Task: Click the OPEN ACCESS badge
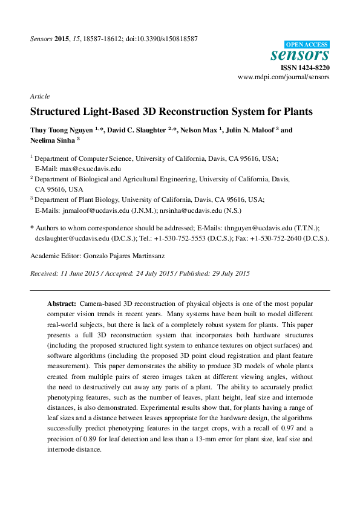point(307,45)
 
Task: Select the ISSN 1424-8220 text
point(306,68)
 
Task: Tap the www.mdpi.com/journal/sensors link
point(284,78)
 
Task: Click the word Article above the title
point(39,97)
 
